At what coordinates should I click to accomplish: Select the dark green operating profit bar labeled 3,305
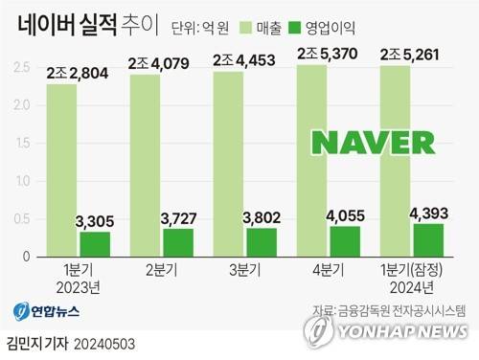tap(94, 244)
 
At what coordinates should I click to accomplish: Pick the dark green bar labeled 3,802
tap(261, 242)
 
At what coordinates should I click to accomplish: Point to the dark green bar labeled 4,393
tap(427, 239)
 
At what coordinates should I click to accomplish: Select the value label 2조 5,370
tap(331, 53)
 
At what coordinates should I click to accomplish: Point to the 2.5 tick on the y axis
tap(21, 66)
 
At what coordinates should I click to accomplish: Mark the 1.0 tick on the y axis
tap(21, 181)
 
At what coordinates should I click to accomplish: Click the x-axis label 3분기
tap(246, 271)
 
